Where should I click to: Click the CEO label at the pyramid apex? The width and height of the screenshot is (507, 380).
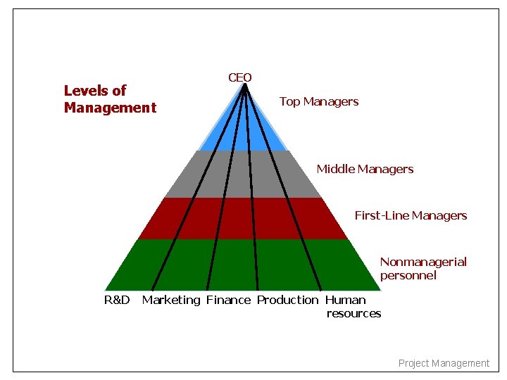point(239,77)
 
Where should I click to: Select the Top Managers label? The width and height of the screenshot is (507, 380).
point(318,101)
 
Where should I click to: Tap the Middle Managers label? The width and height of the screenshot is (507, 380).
point(365,169)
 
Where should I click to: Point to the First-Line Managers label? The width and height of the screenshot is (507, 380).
point(411,215)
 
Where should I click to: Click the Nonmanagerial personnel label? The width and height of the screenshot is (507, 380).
point(423,268)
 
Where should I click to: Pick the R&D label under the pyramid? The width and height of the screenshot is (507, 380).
point(117,300)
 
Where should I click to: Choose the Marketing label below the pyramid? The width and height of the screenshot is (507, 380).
point(171,300)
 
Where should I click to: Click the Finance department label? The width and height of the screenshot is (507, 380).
point(228,300)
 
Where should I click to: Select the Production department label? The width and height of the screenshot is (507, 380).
point(287,300)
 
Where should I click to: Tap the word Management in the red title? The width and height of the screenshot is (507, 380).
point(110,108)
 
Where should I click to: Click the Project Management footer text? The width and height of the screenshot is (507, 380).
point(444,363)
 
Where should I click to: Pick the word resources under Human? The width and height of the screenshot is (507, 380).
point(353,313)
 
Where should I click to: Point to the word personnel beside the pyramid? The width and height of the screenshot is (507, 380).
point(408,275)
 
